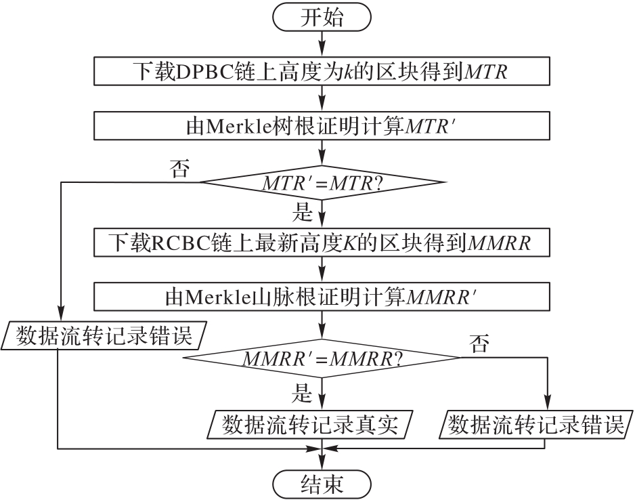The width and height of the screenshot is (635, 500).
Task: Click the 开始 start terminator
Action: (x=322, y=18)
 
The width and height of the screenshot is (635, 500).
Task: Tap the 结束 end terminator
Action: (x=322, y=484)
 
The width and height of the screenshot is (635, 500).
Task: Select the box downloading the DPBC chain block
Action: (x=322, y=71)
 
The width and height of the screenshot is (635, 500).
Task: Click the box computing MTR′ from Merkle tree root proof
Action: (x=322, y=125)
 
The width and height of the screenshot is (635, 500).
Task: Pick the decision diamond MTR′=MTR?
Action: (x=322, y=182)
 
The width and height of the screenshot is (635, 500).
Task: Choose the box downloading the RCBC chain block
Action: (x=322, y=242)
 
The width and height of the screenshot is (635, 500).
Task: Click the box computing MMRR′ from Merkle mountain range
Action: (x=322, y=296)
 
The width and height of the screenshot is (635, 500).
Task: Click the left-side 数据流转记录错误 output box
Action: (x=106, y=335)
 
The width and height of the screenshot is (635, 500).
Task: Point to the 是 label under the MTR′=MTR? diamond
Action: (x=302, y=213)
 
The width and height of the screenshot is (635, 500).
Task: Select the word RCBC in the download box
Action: (x=177, y=242)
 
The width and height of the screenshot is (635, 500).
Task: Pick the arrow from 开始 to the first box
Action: (x=322, y=45)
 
